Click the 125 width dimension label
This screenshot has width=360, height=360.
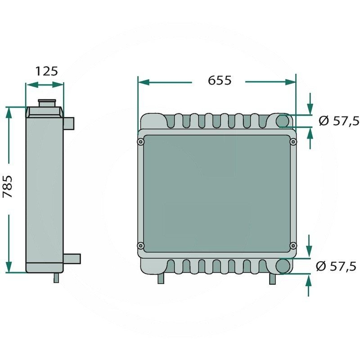[x=47, y=71]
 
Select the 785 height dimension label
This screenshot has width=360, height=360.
[x=7, y=186]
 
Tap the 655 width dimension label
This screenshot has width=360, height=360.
[x=220, y=81]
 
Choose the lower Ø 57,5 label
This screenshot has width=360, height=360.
[x=336, y=266]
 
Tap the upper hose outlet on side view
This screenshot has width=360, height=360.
[x=68, y=123]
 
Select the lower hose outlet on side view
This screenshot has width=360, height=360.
[x=72, y=258]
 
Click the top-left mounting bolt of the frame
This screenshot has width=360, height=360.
[x=140, y=142]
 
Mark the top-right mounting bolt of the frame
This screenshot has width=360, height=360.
[x=293, y=142]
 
